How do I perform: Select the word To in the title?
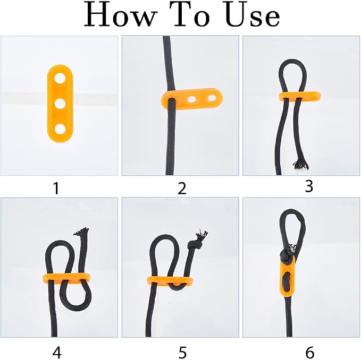point(191,15)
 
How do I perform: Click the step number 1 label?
point(56,188)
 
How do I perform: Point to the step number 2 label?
point(182,188)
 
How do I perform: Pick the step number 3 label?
point(309,186)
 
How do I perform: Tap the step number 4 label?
point(57,352)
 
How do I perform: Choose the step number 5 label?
point(182,352)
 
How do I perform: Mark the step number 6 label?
point(309,352)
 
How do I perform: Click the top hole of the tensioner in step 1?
point(60,78)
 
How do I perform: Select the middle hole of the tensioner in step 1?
point(60,104)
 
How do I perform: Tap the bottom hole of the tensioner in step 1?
point(60,130)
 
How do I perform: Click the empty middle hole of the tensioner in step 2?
point(191,99)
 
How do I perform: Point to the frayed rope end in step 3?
point(300,165)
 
